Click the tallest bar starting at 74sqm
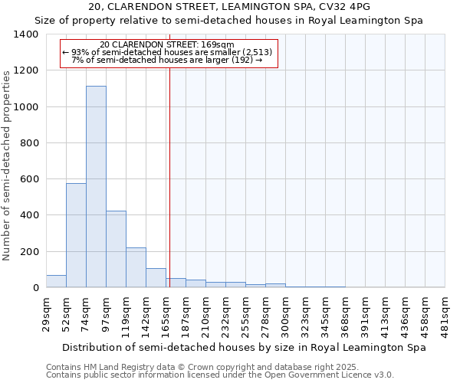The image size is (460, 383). click(96, 187)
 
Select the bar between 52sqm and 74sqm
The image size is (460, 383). click(76, 235)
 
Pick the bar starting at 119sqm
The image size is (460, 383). click(136, 267)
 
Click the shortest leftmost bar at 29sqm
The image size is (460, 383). click(56, 281)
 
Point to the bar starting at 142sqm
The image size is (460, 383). click(156, 278)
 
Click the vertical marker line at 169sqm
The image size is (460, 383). click(169, 184)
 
